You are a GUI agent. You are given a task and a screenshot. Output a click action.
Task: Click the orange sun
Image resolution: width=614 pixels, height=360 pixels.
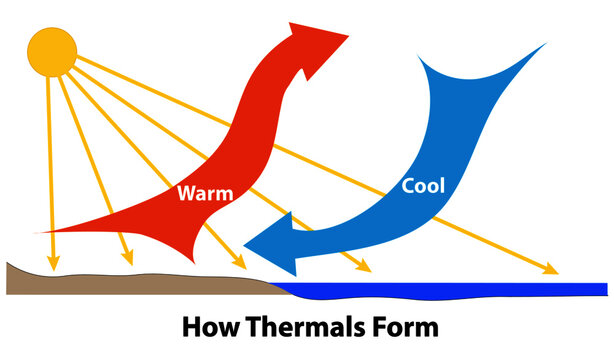click(x=51, y=53)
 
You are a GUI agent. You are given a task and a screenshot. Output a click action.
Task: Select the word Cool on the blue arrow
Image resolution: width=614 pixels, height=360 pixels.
click(x=423, y=185)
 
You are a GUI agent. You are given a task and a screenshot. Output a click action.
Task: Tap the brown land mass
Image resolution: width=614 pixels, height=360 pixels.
click(x=120, y=281)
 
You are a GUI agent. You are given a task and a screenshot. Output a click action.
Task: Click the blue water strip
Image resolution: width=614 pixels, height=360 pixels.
click(x=450, y=290)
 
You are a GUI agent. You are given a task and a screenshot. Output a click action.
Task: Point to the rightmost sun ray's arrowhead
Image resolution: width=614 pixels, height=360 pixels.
click(x=549, y=270)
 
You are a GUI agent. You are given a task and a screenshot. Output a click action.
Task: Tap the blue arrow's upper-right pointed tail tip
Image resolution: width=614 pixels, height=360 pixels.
click(x=546, y=44)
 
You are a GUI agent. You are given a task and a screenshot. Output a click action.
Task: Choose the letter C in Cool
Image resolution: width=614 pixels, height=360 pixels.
click(x=408, y=185)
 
